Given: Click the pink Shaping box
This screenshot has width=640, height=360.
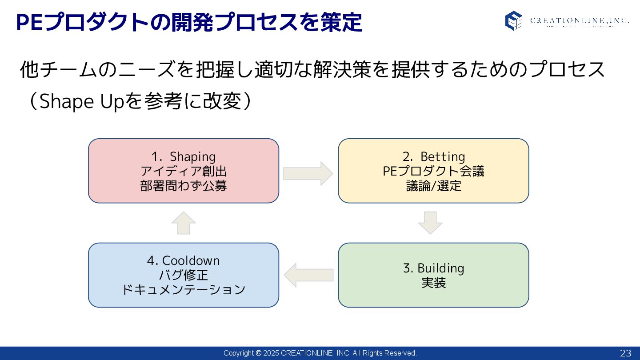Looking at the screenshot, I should pyautogui.click(x=183, y=196).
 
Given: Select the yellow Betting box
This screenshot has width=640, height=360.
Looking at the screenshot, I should pyautogui.click(x=433, y=196).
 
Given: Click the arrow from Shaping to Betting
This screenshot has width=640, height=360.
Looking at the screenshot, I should pyautogui.click(x=308, y=173).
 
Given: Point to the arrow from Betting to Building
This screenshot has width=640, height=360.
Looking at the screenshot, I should pyautogui.click(x=430, y=223).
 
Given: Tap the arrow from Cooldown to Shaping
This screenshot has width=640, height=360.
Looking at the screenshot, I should pyautogui.click(x=184, y=223).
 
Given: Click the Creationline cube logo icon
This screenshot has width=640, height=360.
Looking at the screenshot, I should pyautogui.click(x=513, y=20).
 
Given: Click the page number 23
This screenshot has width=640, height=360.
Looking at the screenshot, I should pyautogui.click(x=625, y=353).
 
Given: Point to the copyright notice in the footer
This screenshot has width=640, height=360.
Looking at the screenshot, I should pyautogui.click(x=320, y=353).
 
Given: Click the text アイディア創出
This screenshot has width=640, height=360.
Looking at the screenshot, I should pyautogui.click(x=184, y=171).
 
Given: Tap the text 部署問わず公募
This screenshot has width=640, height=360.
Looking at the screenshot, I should pyautogui.click(x=184, y=186).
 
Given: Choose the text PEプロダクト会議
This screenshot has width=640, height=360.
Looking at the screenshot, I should pyautogui.click(x=433, y=171).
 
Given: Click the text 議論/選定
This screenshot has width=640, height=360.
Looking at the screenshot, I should pyautogui.click(x=433, y=186).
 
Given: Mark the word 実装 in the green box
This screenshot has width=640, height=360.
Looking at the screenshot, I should pyautogui.click(x=433, y=283).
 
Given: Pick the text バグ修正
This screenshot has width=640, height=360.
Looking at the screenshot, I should pyautogui.click(x=184, y=275).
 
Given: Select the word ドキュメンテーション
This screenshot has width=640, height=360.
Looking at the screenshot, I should pyautogui.click(x=184, y=289).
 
